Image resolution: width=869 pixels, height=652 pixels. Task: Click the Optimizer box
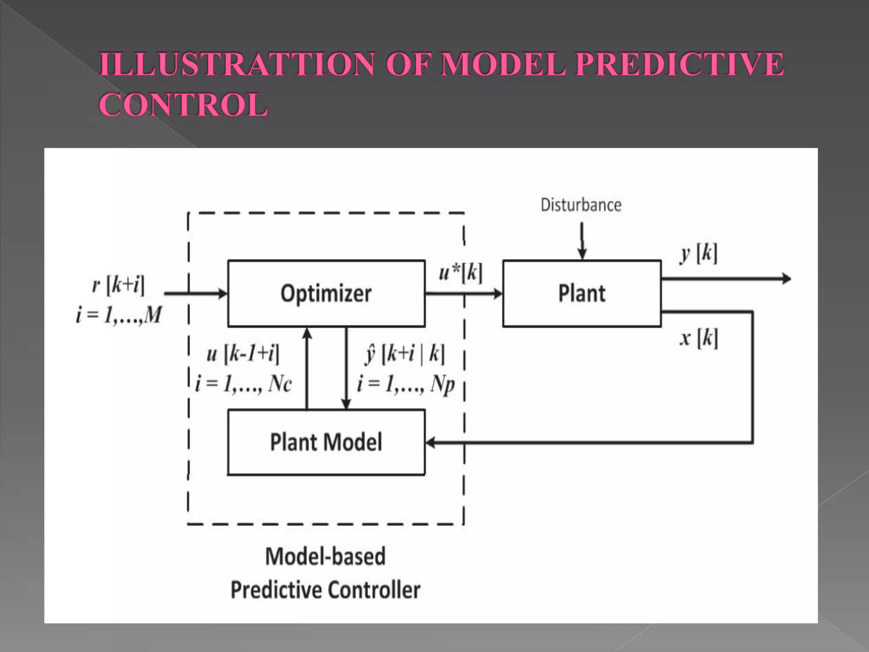click(326, 293)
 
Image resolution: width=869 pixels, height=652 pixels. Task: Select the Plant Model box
click(326, 442)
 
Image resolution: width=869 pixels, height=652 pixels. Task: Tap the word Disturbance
click(581, 205)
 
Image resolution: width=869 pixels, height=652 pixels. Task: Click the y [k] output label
click(699, 254)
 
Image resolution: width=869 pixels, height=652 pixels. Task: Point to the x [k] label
click(699, 339)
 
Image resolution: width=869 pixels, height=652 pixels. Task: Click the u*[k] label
click(461, 272)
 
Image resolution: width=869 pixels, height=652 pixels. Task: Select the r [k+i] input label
click(118, 284)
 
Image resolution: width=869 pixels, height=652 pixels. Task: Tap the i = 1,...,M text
click(119, 315)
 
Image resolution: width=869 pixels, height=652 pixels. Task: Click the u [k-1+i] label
click(243, 353)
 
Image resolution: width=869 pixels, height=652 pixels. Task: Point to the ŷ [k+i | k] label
click(405, 353)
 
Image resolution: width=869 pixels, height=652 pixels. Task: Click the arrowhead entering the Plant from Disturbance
click(582, 254)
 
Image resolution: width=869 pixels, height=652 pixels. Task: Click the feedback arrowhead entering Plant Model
click(430, 443)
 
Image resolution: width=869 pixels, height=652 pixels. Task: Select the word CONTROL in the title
click(183, 104)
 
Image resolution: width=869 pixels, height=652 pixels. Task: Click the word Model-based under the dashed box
click(325, 556)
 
